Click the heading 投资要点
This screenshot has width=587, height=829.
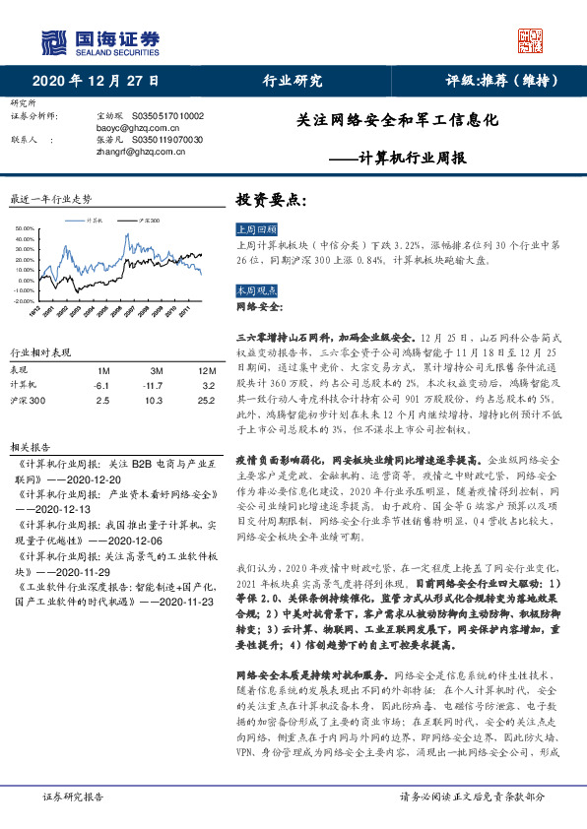point(271,199)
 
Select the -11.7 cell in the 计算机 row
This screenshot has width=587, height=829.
point(151,386)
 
